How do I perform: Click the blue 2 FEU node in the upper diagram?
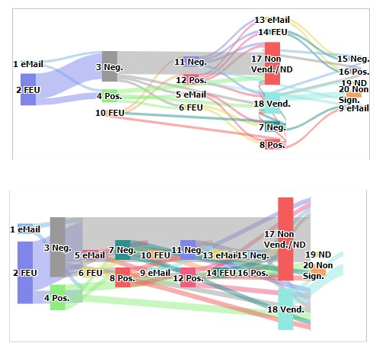coord(28,89)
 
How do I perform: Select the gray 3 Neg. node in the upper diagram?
coord(110,66)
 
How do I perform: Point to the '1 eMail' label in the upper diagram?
coord(28,64)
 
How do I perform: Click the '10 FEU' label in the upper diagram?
coord(110,113)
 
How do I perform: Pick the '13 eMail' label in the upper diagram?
coord(272,20)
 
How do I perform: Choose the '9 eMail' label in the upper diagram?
coord(353,108)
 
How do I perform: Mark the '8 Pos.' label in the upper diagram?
coord(272,145)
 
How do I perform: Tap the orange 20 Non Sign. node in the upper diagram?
coord(354,95)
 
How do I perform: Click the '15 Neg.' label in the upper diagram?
coord(353,59)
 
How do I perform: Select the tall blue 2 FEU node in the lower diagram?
coord(26,272)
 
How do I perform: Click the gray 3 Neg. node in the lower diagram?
coord(58,247)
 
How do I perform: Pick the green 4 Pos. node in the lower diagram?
coord(58,297)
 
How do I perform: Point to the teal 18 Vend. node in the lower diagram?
coord(285,309)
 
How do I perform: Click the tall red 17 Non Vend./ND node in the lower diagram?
coord(285,239)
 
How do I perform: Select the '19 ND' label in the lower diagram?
coord(318,255)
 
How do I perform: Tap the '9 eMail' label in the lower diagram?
coord(154,272)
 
